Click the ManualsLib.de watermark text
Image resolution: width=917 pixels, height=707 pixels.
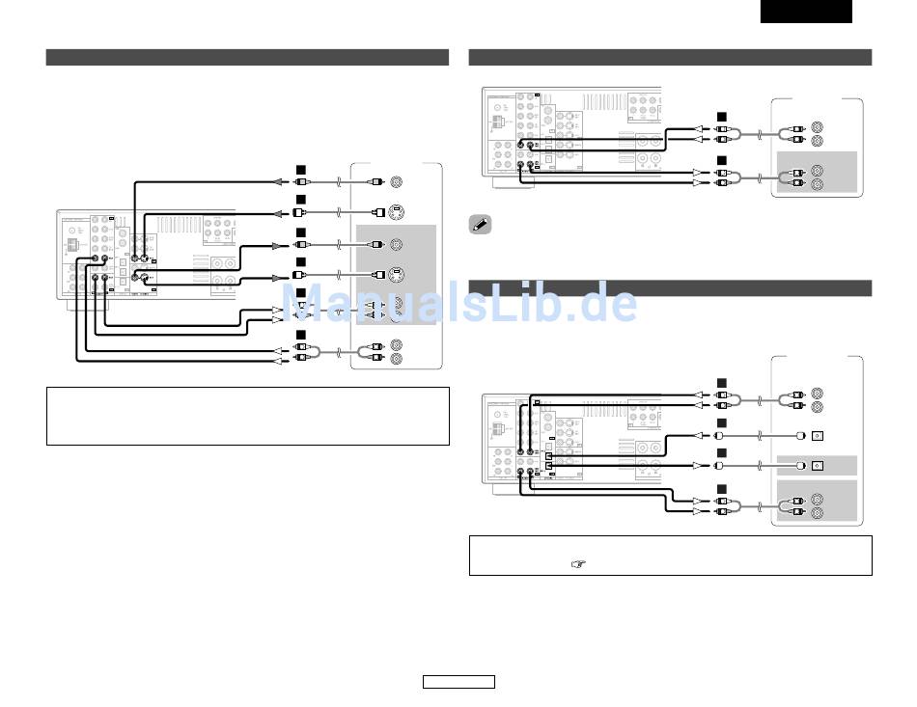[459, 302]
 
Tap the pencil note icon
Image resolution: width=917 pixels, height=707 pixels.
[479, 225]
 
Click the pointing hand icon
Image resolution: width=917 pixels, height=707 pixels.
[578, 565]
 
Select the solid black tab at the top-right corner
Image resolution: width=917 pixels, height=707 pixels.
[806, 11]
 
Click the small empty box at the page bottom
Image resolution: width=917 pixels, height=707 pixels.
[458, 682]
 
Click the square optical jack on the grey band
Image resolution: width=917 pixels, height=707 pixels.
[817, 466]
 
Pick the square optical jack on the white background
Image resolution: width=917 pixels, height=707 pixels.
[817, 434]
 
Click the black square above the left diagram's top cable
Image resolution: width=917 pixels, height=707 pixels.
[300, 172]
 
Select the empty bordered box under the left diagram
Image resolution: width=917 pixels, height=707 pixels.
[247, 416]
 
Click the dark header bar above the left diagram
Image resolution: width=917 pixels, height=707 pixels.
[247, 58]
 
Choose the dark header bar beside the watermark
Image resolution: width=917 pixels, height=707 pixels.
[670, 287]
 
